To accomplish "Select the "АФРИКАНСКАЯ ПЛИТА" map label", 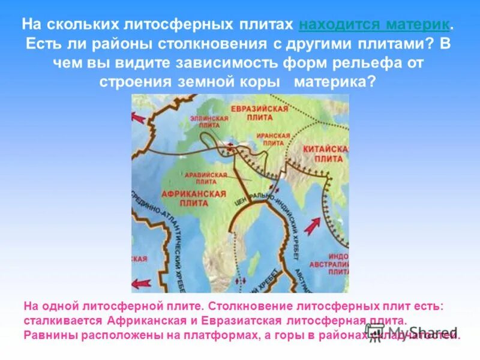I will (193, 199).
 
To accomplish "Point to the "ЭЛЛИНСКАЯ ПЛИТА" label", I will (209, 122).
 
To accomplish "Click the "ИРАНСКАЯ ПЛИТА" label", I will (270, 140).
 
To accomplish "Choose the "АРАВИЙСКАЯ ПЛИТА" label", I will (206, 178).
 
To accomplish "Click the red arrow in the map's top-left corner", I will (139, 118).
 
